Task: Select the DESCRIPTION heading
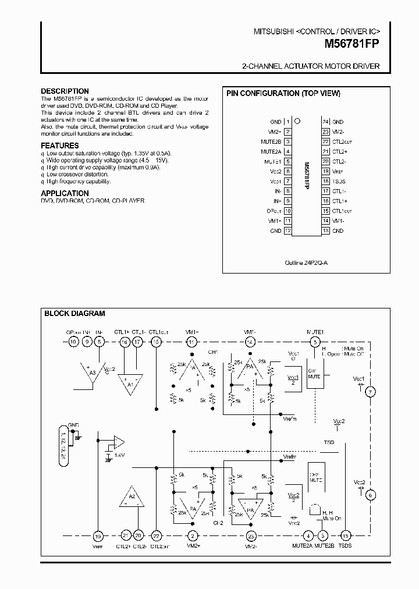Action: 65,91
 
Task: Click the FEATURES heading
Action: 59,146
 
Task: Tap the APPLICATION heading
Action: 65,193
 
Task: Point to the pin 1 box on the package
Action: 287,122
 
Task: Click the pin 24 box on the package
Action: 325,122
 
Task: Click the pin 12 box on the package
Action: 287,231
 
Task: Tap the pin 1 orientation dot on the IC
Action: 297,122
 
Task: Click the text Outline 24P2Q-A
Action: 307,263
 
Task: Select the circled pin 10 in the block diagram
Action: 73,342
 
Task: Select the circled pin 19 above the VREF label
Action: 98,536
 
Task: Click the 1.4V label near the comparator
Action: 120,454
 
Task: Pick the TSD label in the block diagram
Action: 329,443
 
